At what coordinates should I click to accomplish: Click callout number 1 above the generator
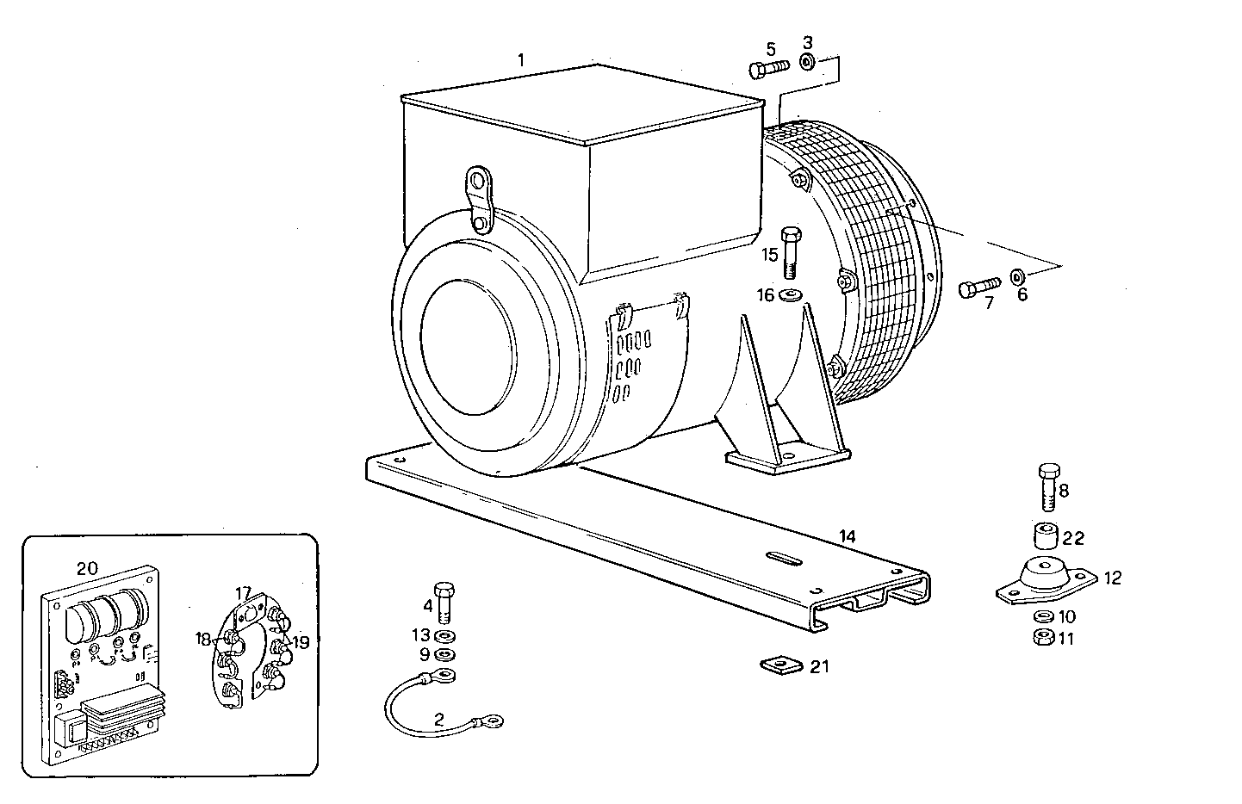click(x=521, y=59)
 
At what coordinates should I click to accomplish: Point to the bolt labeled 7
click(x=978, y=287)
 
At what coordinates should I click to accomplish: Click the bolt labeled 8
click(x=1048, y=487)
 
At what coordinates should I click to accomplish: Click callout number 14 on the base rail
click(x=848, y=536)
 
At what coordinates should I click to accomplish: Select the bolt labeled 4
click(x=444, y=602)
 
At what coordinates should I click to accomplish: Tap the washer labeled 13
click(x=445, y=637)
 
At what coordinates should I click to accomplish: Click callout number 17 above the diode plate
click(x=243, y=592)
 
